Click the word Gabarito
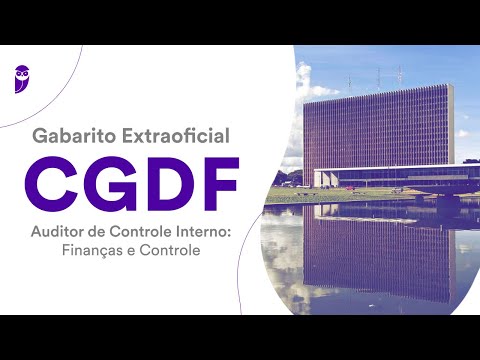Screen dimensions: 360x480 coord(70,133)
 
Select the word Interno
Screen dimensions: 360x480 coord(205,234)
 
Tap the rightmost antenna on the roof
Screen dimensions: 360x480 coord(399,75)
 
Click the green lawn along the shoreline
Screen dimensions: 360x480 coord(330,195)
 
